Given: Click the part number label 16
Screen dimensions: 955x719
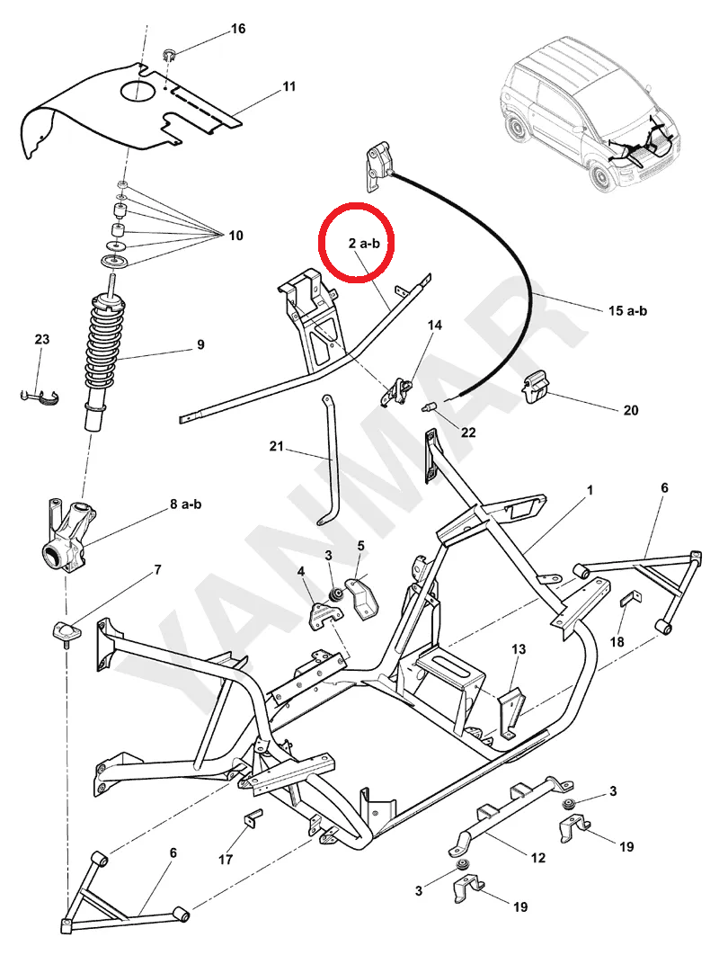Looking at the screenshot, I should point(238,29).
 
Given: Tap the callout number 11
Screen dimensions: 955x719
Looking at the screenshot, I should point(288,87).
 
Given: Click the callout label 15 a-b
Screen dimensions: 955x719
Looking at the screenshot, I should point(626,311).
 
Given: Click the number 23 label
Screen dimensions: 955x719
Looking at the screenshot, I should point(42,339).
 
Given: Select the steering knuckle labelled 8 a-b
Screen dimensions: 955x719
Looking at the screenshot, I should point(70,535).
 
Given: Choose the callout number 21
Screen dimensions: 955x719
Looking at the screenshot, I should point(275,446).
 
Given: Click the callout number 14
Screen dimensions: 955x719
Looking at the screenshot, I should point(435,325).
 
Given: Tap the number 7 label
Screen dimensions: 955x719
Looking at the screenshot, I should point(158,570).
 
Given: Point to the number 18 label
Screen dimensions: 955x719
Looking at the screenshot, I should point(617,641).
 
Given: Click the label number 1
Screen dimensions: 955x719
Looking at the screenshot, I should point(590,490).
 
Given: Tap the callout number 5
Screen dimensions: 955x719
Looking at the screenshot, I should point(360,546).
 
